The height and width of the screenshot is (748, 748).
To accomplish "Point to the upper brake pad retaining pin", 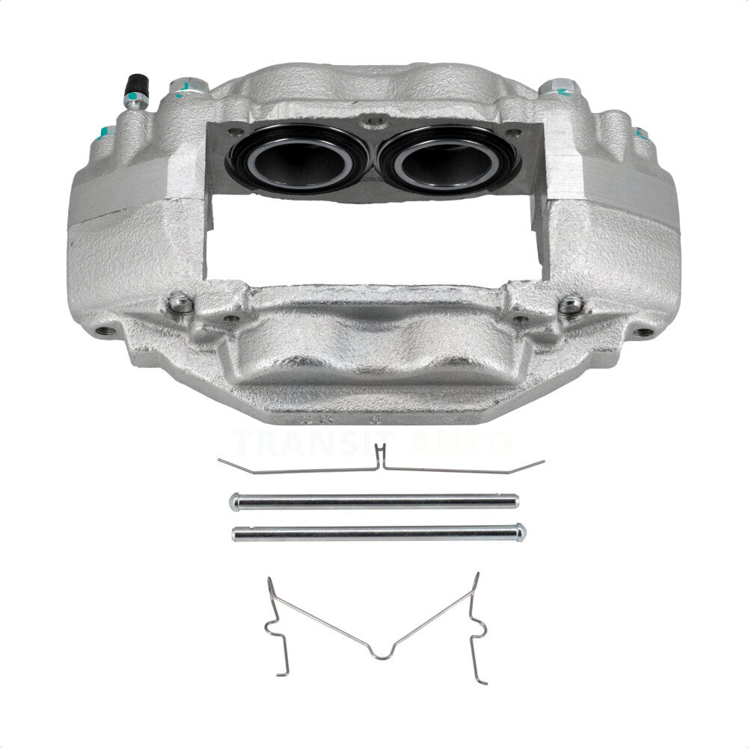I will coord(374,500).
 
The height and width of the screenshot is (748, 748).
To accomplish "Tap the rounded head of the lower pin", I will coord(521,532).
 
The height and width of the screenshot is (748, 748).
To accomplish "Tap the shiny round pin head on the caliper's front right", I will coord(570,304).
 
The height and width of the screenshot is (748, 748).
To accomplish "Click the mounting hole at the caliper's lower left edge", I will coord(107,331).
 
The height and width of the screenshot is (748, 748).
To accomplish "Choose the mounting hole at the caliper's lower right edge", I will coord(641,332).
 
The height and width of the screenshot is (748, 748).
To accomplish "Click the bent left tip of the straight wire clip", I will coord(221,461).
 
